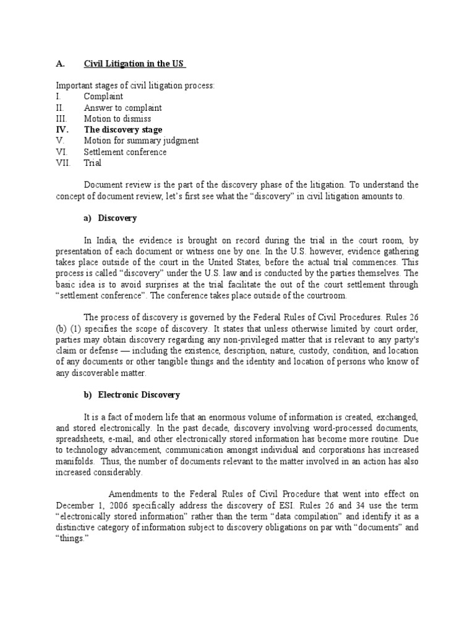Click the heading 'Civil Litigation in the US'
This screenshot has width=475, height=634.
pos(134,64)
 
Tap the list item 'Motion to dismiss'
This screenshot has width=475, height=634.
pos(118,119)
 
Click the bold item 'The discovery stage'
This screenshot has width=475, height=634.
pos(123,130)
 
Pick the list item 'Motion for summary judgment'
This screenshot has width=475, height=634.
pos(141,141)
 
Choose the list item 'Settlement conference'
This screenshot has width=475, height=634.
pos(126,152)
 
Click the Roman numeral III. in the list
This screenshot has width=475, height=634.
pos(62,119)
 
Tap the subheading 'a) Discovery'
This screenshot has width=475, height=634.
pos(111,219)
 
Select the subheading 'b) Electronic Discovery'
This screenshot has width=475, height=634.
pos(132,395)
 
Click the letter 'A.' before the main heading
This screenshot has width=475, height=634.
pos(61,64)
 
